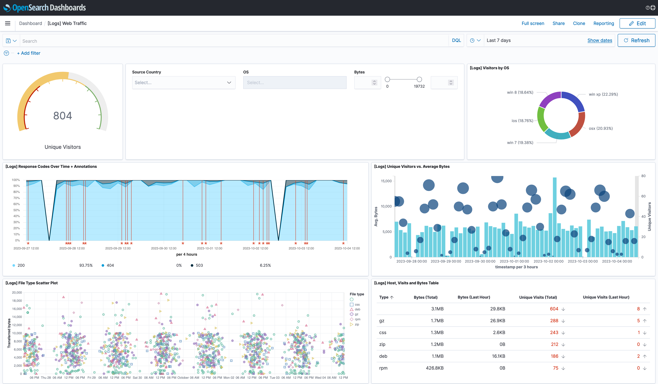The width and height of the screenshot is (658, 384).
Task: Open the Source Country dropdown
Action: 184,83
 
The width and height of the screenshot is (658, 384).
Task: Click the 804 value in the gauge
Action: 63,116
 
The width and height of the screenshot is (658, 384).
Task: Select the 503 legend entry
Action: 199,265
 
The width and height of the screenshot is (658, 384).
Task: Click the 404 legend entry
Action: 110,265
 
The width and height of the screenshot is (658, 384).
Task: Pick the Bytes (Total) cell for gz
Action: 437,321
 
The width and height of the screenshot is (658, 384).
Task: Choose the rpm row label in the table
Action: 383,368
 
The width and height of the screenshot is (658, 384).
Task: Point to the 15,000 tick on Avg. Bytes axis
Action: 386,181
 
